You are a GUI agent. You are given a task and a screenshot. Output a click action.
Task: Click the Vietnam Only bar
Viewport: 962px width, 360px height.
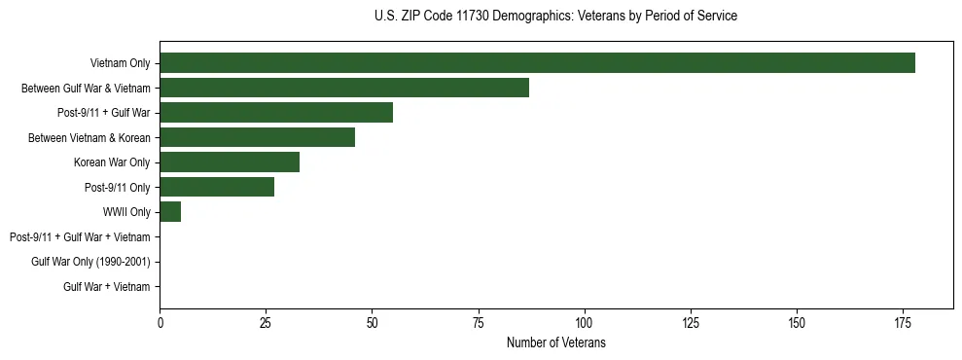pyautogui.click(x=537, y=63)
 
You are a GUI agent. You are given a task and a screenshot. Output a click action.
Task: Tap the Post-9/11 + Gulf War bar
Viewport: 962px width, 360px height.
pyautogui.click(x=276, y=113)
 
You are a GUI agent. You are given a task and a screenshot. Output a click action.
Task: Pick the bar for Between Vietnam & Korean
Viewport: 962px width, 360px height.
pyautogui.click(x=257, y=137)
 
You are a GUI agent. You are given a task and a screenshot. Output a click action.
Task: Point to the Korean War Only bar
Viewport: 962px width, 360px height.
pyautogui.click(x=230, y=162)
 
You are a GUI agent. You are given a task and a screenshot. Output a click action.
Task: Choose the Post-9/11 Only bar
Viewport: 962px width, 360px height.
pyautogui.click(x=217, y=187)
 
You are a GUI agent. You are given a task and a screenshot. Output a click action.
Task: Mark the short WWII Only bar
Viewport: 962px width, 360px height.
pyautogui.click(x=170, y=211)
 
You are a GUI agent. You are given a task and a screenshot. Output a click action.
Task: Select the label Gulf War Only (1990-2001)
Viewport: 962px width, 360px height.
pyautogui.click(x=90, y=262)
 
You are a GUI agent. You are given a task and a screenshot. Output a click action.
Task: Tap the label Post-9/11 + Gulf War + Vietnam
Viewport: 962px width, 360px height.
pyautogui.click(x=80, y=236)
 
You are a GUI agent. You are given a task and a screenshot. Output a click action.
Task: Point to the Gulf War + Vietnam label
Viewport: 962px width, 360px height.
pyautogui.click(x=107, y=286)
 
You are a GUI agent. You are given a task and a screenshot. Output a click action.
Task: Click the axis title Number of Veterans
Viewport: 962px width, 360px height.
pyautogui.click(x=555, y=342)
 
